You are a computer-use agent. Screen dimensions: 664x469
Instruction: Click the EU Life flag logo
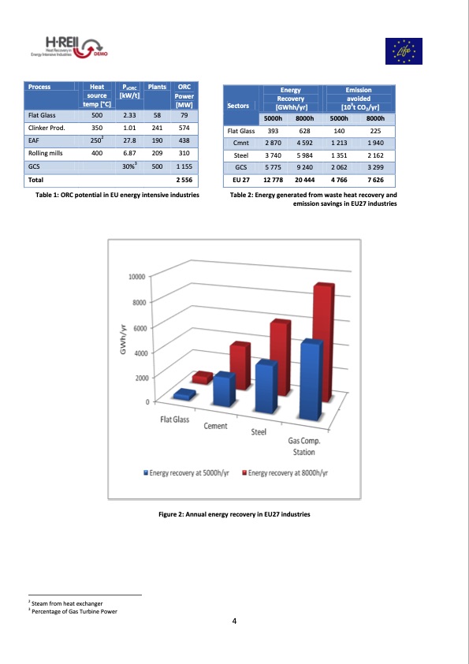point(404,50)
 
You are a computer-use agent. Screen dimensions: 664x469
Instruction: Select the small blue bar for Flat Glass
point(186,394)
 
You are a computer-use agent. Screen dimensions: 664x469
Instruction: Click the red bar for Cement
point(239,366)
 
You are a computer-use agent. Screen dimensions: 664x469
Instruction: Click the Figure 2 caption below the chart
point(234,514)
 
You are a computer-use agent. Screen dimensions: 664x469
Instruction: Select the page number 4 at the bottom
point(234,621)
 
